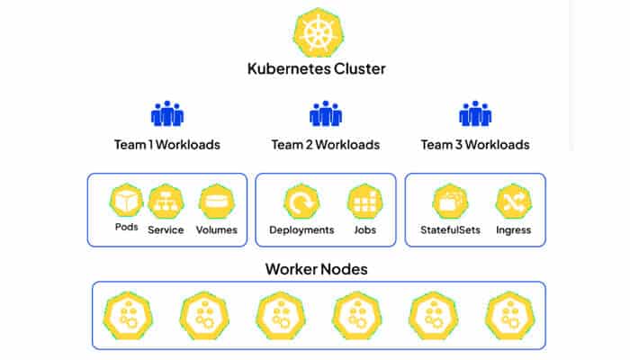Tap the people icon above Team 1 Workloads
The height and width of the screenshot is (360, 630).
point(167,113)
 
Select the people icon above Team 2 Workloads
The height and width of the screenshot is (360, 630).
point(325,113)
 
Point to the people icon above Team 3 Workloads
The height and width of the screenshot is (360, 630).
point(475,113)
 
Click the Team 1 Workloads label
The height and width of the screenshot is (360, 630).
point(167,144)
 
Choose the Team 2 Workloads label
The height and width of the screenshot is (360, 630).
point(325,144)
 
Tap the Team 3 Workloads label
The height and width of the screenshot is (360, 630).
point(475,144)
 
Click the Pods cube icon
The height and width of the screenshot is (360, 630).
point(127,200)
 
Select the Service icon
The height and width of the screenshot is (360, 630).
point(166,202)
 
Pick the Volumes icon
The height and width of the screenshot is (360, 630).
point(216,202)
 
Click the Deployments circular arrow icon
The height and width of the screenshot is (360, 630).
point(301,202)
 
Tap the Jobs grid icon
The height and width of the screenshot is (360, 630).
point(365,202)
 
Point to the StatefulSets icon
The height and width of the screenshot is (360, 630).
point(450,202)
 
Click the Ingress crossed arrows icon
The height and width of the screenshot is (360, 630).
point(513,202)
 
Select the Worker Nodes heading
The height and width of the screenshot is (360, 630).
point(316,269)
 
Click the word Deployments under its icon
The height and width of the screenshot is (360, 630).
point(301,229)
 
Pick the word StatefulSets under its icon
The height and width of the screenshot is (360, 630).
point(450,229)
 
